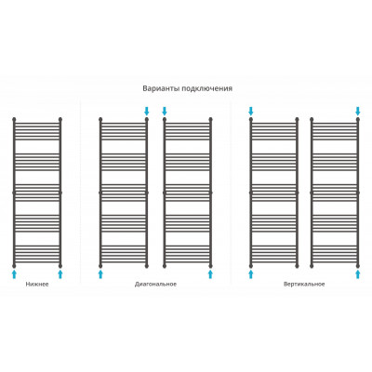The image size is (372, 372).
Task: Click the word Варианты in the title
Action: click(161, 88)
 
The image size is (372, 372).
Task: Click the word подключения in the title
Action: click(207, 88)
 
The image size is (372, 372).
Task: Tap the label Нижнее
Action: click(37, 284)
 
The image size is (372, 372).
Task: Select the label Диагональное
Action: click(155, 284)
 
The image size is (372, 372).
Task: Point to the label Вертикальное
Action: click(304, 284)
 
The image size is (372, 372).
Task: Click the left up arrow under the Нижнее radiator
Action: click(14, 274)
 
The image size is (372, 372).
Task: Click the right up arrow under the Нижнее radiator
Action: click(60, 274)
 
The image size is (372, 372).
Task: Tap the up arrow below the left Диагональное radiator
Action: click(100, 274)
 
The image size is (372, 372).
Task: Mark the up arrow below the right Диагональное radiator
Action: click(211, 274)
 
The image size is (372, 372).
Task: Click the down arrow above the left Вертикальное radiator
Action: click(251, 111)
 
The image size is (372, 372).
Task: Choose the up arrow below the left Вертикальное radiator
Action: click(251, 274)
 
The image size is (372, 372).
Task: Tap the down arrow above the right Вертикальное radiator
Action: click(358, 111)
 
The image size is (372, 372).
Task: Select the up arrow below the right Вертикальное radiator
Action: click(358, 274)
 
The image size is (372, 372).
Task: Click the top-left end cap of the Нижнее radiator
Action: click(14, 119)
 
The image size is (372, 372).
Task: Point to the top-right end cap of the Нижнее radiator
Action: click(60, 119)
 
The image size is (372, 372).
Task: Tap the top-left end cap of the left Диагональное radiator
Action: click(100, 119)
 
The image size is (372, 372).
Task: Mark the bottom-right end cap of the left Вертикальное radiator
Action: click(297, 266)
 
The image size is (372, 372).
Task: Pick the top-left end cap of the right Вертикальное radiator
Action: click(312, 119)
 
